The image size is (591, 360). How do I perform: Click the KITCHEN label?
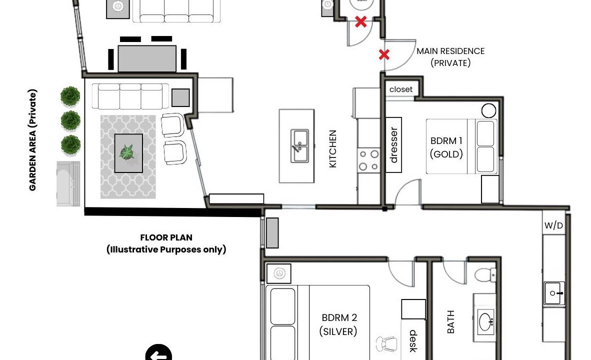click(x=332, y=149)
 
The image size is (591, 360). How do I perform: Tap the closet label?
click(x=401, y=89)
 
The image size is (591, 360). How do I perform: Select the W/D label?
click(x=553, y=225)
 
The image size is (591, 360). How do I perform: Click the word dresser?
click(x=393, y=145)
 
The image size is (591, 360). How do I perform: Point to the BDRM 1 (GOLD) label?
click(x=446, y=147)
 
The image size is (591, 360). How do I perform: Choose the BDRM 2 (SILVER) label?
click(x=338, y=324)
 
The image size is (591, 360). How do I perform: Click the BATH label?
click(x=450, y=322)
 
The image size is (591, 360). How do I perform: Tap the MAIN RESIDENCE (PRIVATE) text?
click(x=450, y=57)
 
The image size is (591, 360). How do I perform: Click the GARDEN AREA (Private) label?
click(x=33, y=140)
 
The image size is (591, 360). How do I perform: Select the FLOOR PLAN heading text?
click(x=166, y=237)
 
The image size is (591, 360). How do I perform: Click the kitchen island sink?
click(x=299, y=146)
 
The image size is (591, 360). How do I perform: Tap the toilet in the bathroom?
click(x=485, y=274)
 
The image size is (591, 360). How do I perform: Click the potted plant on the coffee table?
click(x=126, y=152)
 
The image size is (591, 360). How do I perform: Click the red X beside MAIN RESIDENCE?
click(x=384, y=55)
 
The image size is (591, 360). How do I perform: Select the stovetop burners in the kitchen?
click(x=368, y=160)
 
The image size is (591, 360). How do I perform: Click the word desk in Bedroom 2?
click(x=413, y=341)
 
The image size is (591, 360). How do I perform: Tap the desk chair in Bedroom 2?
click(x=386, y=344)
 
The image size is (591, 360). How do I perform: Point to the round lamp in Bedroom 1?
click(x=489, y=111)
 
